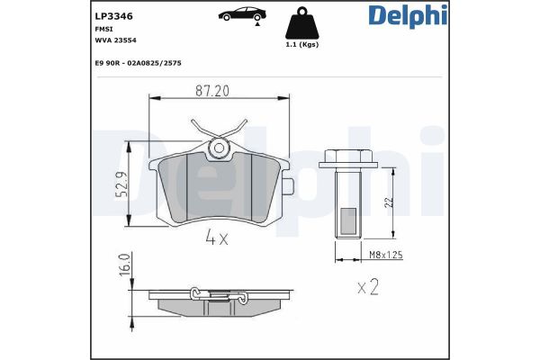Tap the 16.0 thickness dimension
point(125,265)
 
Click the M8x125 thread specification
point(384,256)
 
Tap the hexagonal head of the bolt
point(347,158)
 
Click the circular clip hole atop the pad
point(218,147)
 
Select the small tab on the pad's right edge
point(287,186)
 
